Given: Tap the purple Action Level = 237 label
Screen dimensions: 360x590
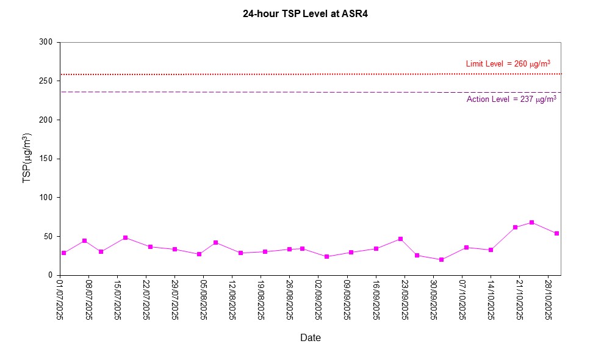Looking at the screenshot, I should (x=511, y=99).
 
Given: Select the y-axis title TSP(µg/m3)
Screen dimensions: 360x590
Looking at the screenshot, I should (x=27, y=158).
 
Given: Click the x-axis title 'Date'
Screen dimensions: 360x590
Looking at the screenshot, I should (x=310, y=337).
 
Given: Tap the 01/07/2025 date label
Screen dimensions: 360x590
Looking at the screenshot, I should (x=60, y=300).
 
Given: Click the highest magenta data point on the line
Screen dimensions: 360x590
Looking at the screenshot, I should (x=531, y=222).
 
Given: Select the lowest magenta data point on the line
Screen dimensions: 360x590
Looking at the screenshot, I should (x=441, y=259).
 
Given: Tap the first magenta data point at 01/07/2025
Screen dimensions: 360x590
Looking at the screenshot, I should (x=63, y=253).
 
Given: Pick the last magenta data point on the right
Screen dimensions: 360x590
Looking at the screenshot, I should (x=556, y=233).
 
